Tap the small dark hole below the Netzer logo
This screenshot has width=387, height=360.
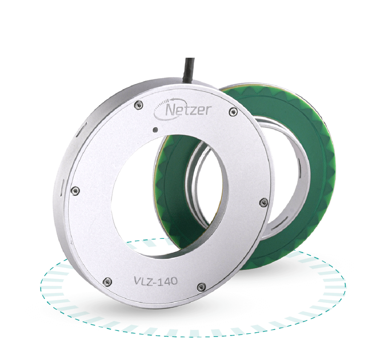(x=155, y=130)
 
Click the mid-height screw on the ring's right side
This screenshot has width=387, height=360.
(x=262, y=202)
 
